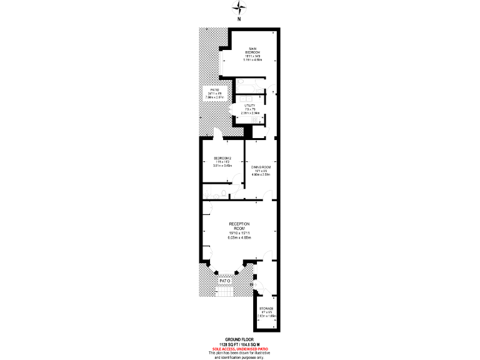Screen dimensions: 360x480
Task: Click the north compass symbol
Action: pos(239,9)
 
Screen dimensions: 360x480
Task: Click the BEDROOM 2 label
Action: pos(222,157)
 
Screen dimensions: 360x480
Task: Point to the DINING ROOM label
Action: pos(261,167)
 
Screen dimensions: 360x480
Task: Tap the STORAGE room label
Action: pos(267,309)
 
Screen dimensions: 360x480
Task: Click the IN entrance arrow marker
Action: pos(253,286)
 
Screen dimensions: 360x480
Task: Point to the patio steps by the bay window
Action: pos(224,292)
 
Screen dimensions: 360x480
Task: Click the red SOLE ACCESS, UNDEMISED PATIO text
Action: pos(239,349)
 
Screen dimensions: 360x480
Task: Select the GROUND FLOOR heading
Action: pos(239,340)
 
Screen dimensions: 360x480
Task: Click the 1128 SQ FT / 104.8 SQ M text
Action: pos(239,344)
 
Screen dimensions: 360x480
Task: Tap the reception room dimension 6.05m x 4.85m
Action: pos(239,238)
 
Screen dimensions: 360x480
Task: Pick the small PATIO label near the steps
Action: pos(225,281)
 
